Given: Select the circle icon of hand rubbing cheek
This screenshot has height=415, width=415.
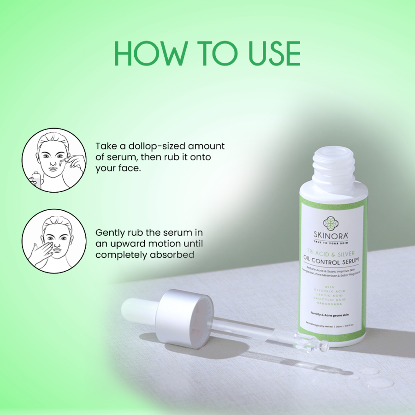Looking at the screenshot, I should [54, 241].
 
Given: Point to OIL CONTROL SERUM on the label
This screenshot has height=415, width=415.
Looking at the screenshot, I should [332, 261].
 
